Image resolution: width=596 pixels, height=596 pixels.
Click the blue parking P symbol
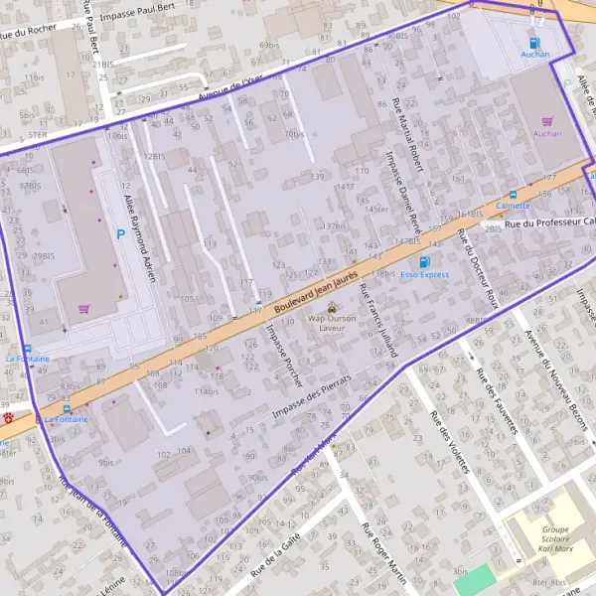tap(121, 234)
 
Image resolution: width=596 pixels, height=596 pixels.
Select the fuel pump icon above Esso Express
tap(424, 261)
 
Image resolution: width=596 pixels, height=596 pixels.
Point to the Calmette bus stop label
tap(513, 207)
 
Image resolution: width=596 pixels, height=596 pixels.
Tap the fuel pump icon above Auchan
tap(534, 43)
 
